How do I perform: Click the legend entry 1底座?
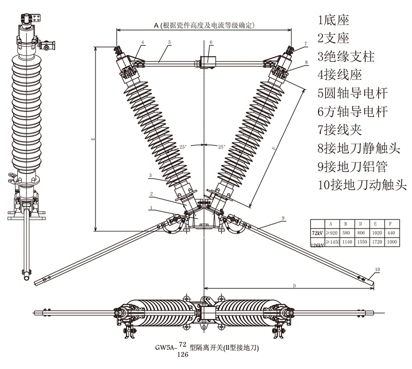click(x=333, y=20)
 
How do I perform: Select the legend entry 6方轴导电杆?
click(x=353, y=112)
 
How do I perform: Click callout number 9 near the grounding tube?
click(x=284, y=217)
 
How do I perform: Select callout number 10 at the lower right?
click(x=378, y=270)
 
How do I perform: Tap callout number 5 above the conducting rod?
click(x=169, y=43)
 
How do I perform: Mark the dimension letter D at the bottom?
click(x=294, y=285)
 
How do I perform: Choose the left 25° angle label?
click(x=184, y=147)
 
